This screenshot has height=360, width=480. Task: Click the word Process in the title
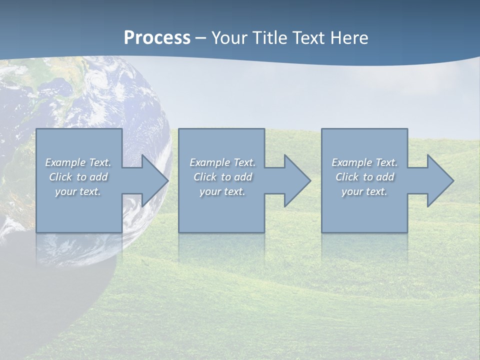(x=157, y=38)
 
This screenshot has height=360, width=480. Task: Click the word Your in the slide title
(x=229, y=38)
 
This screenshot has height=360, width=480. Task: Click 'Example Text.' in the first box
(x=78, y=162)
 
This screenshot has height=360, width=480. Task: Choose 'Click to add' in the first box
(x=78, y=177)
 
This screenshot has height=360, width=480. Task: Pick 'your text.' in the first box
(x=78, y=191)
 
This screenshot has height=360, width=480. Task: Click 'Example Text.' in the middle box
(x=222, y=162)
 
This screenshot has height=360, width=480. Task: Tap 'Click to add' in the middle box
(x=222, y=177)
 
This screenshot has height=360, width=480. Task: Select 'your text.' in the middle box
(x=222, y=191)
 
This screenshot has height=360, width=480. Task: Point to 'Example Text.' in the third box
(x=364, y=162)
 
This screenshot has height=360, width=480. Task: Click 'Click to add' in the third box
(x=364, y=177)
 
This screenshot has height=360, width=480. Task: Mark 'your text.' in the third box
(x=364, y=191)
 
